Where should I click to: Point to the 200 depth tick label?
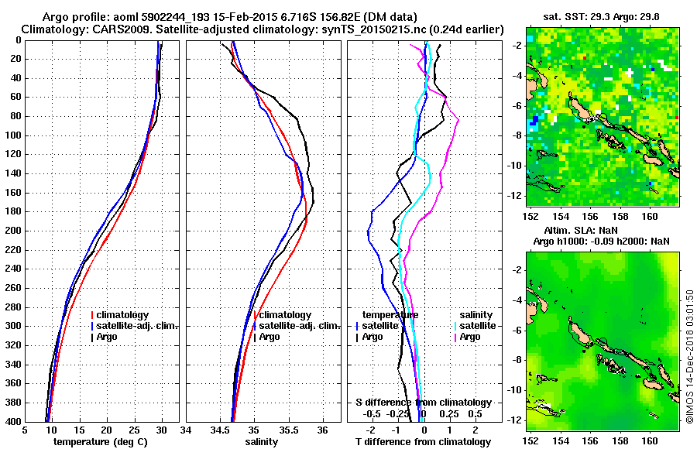point(13,231)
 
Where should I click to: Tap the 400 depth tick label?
point(13,422)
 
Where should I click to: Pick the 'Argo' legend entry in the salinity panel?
point(270,337)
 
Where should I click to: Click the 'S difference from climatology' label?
point(424,403)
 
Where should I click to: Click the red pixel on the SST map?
point(585,57)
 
